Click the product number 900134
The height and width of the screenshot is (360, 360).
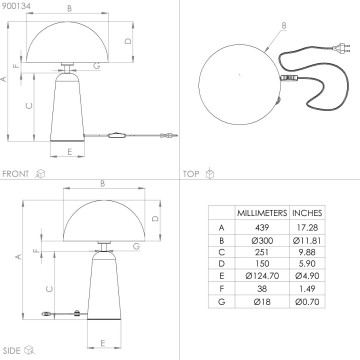(16, 6)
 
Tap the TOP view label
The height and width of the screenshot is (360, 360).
(190, 173)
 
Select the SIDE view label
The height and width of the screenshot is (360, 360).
(13, 351)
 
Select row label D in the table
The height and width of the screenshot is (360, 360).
(220, 269)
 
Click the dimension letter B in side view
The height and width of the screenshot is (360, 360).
(103, 182)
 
